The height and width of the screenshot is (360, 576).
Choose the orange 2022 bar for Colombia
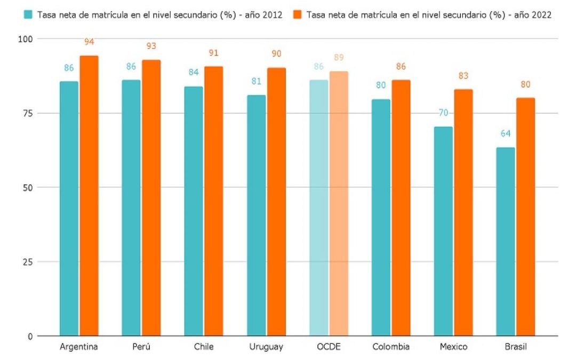click(401, 208)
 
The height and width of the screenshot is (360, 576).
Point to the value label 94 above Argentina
click(89, 42)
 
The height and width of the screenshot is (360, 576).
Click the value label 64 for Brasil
click(505, 133)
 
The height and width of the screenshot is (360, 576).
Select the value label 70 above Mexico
click(443, 113)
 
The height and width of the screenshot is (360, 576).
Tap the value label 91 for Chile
click(214, 53)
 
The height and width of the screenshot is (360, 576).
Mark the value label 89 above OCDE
click(339, 58)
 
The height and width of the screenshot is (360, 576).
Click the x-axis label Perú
click(141, 347)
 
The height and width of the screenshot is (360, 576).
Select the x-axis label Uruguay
click(266, 347)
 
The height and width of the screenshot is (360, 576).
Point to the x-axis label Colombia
click(391, 347)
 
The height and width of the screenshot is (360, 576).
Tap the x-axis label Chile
click(204, 347)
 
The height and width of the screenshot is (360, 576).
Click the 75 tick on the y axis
click(27, 113)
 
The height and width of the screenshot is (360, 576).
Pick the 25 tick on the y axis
click(27, 262)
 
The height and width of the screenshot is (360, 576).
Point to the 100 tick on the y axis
click(25, 39)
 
